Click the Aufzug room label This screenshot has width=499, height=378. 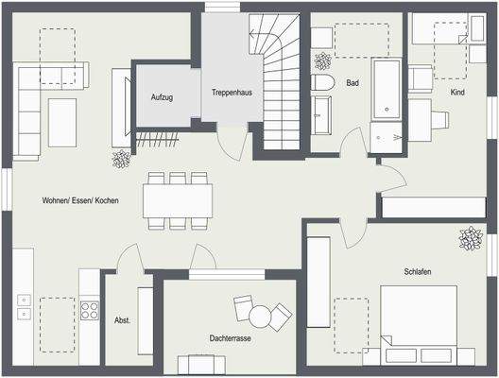tap(161, 96)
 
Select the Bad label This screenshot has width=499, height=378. tap(353, 83)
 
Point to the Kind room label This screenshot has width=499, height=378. tap(458, 92)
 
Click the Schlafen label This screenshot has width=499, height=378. tap(418, 272)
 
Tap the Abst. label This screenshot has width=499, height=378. tap(122, 319)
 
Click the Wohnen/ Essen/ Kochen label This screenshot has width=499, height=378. tap(80, 201)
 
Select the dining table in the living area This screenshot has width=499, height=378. tap(178, 199)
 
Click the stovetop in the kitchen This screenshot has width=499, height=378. tap(90, 310)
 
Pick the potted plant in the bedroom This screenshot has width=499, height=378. tap(470, 238)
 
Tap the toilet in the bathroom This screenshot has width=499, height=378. tap(322, 82)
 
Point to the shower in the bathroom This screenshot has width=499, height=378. tap(386, 138)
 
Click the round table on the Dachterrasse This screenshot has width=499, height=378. tap(281, 314)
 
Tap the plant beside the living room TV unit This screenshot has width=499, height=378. tap(122, 159)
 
